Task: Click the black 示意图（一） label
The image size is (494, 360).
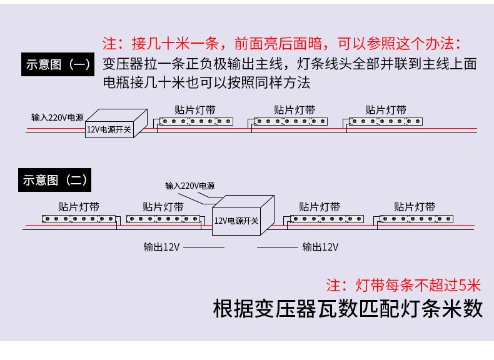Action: tap(58, 64)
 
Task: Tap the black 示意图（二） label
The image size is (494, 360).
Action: tap(56, 180)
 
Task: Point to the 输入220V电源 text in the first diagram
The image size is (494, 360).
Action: tap(58, 117)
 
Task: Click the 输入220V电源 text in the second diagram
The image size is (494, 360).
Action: tap(190, 186)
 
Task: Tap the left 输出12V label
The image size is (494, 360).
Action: tap(161, 247)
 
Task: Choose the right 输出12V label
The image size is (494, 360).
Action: tap(320, 247)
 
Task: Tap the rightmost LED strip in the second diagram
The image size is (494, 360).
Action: tap(416, 219)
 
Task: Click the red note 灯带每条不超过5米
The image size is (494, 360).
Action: tap(404, 286)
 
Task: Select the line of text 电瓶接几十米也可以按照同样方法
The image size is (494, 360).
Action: tap(206, 82)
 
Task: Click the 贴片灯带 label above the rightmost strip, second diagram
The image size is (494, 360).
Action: tap(415, 207)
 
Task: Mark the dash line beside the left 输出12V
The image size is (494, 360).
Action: tap(203, 247)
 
